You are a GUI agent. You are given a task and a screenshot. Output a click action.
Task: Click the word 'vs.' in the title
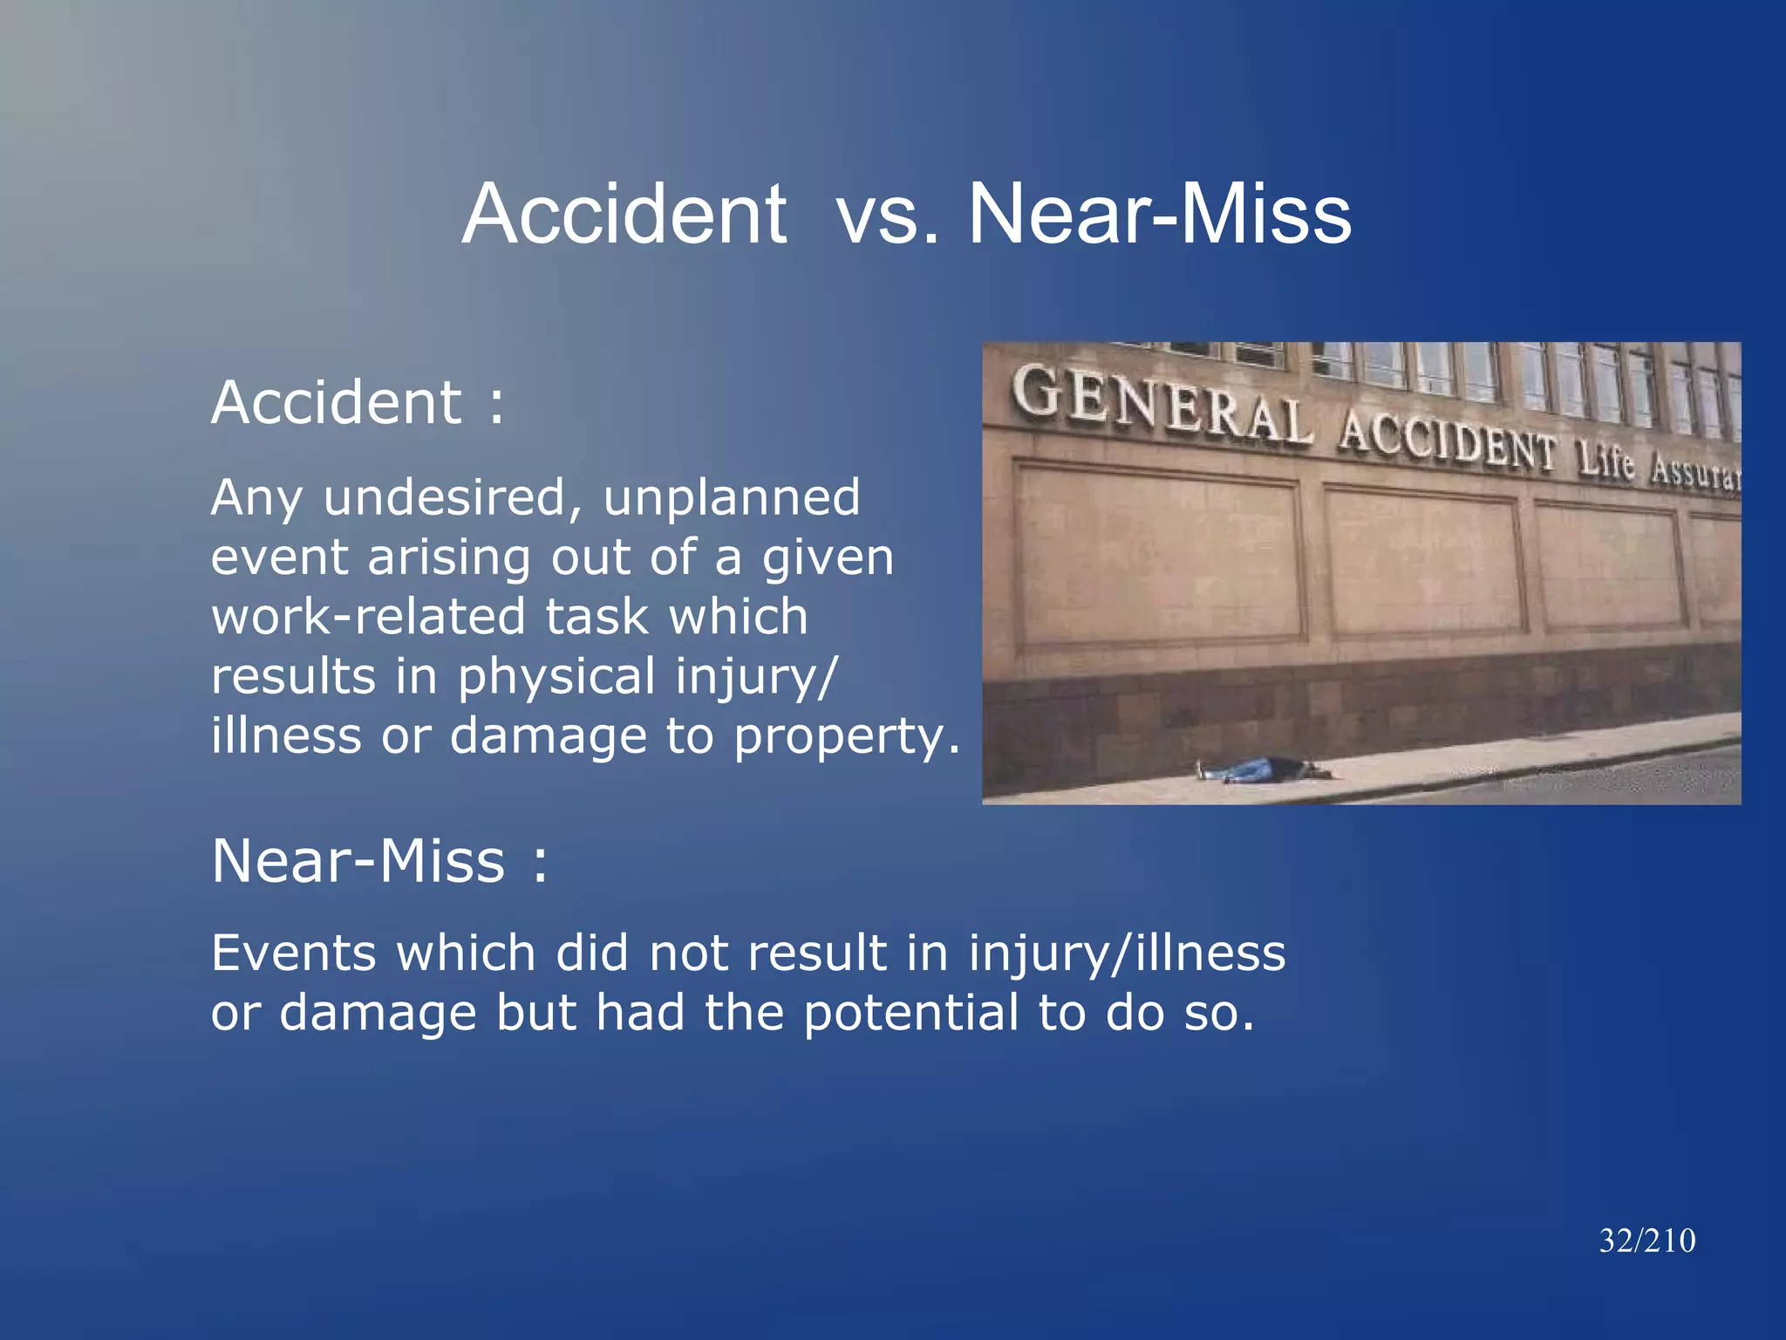pyautogui.click(x=888, y=215)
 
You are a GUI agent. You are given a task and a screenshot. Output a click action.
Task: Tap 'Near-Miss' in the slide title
pyautogui.click(x=1160, y=215)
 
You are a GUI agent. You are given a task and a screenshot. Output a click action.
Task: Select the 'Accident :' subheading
pyautogui.click(x=358, y=403)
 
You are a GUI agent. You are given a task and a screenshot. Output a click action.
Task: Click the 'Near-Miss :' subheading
pyautogui.click(x=380, y=861)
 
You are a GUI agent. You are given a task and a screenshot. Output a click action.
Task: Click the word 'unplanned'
pyautogui.click(x=732, y=498)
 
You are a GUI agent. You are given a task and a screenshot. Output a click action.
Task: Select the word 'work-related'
pyautogui.click(x=367, y=617)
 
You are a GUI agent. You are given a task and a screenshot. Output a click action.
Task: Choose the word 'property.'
pyautogui.click(x=847, y=737)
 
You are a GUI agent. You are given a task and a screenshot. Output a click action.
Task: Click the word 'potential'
pyautogui.click(x=910, y=1013)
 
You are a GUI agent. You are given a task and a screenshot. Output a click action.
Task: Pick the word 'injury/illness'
pyautogui.click(x=1127, y=953)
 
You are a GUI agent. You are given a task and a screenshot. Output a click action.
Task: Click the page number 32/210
pyautogui.click(x=1647, y=1241)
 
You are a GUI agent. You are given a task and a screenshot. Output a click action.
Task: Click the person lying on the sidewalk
pyautogui.click(x=1265, y=769)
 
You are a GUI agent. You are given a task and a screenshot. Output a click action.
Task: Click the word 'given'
pyautogui.click(x=828, y=559)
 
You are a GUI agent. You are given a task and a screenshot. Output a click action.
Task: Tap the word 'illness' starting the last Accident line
pyautogui.click(x=286, y=736)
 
